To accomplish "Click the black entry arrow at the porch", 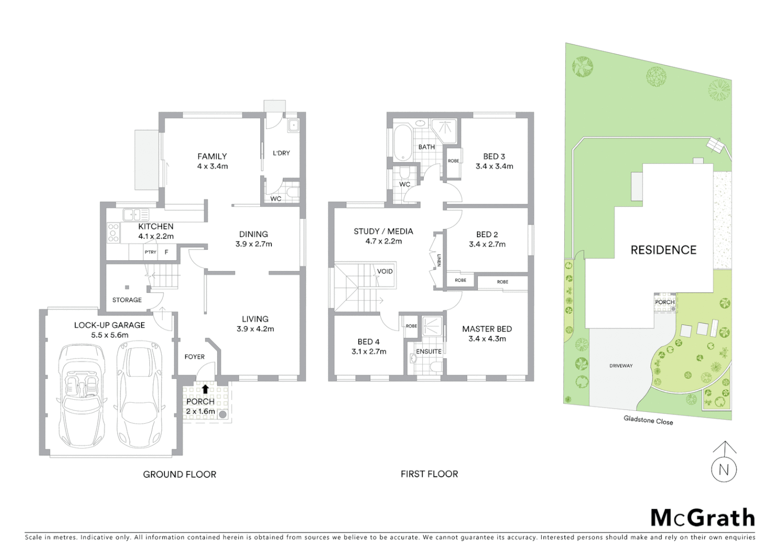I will click(x=205, y=389).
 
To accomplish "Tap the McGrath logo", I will click(x=702, y=518).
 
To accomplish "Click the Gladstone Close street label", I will click(x=648, y=420).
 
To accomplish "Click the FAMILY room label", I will click(x=212, y=156).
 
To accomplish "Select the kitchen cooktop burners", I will click(x=113, y=233).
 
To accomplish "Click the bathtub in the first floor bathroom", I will click(x=402, y=143).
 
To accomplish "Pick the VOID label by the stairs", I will click(x=385, y=271).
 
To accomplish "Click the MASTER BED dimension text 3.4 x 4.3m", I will click(x=487, y=338).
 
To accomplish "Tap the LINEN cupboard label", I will click(x=439, y=260).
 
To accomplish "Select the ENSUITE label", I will click(x=428, y=352).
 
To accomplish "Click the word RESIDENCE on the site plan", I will click(x=663, y=250).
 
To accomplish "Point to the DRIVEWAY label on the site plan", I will click(x=621, y=366).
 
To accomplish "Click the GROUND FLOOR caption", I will click(x=179, y=474).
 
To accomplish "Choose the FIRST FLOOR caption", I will click(x=429, y=474).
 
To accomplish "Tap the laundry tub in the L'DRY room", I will click(x=293, y=126).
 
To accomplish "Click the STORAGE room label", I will click(x=127, y=300).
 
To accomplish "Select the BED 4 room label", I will click(x=369, y=342).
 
